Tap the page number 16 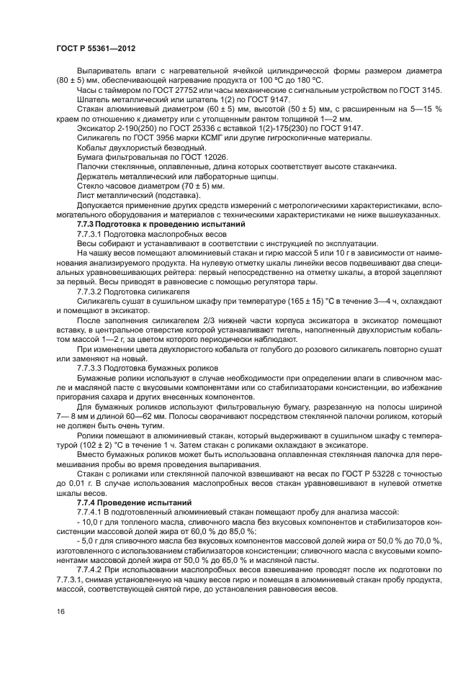[x=60, y=612]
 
